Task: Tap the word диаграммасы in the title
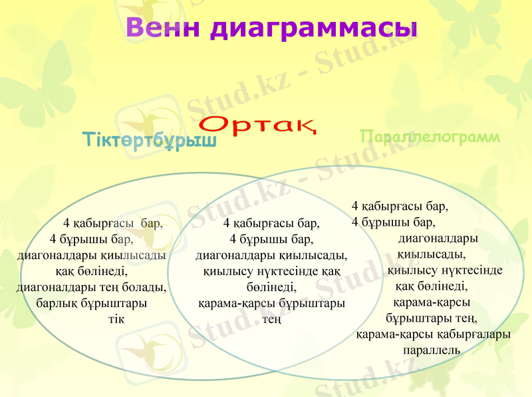[313, 28]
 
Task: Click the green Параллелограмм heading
[429, 137]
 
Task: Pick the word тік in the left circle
[116, 318]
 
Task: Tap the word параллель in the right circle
[432, 349]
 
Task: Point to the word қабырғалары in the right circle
[474, 334]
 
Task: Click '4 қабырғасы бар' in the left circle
[112, 223]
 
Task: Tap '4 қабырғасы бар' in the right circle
[400, 206]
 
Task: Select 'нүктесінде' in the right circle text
[468, 270]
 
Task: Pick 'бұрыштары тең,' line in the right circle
[432, 318]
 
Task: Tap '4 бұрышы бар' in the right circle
[393, 222]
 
